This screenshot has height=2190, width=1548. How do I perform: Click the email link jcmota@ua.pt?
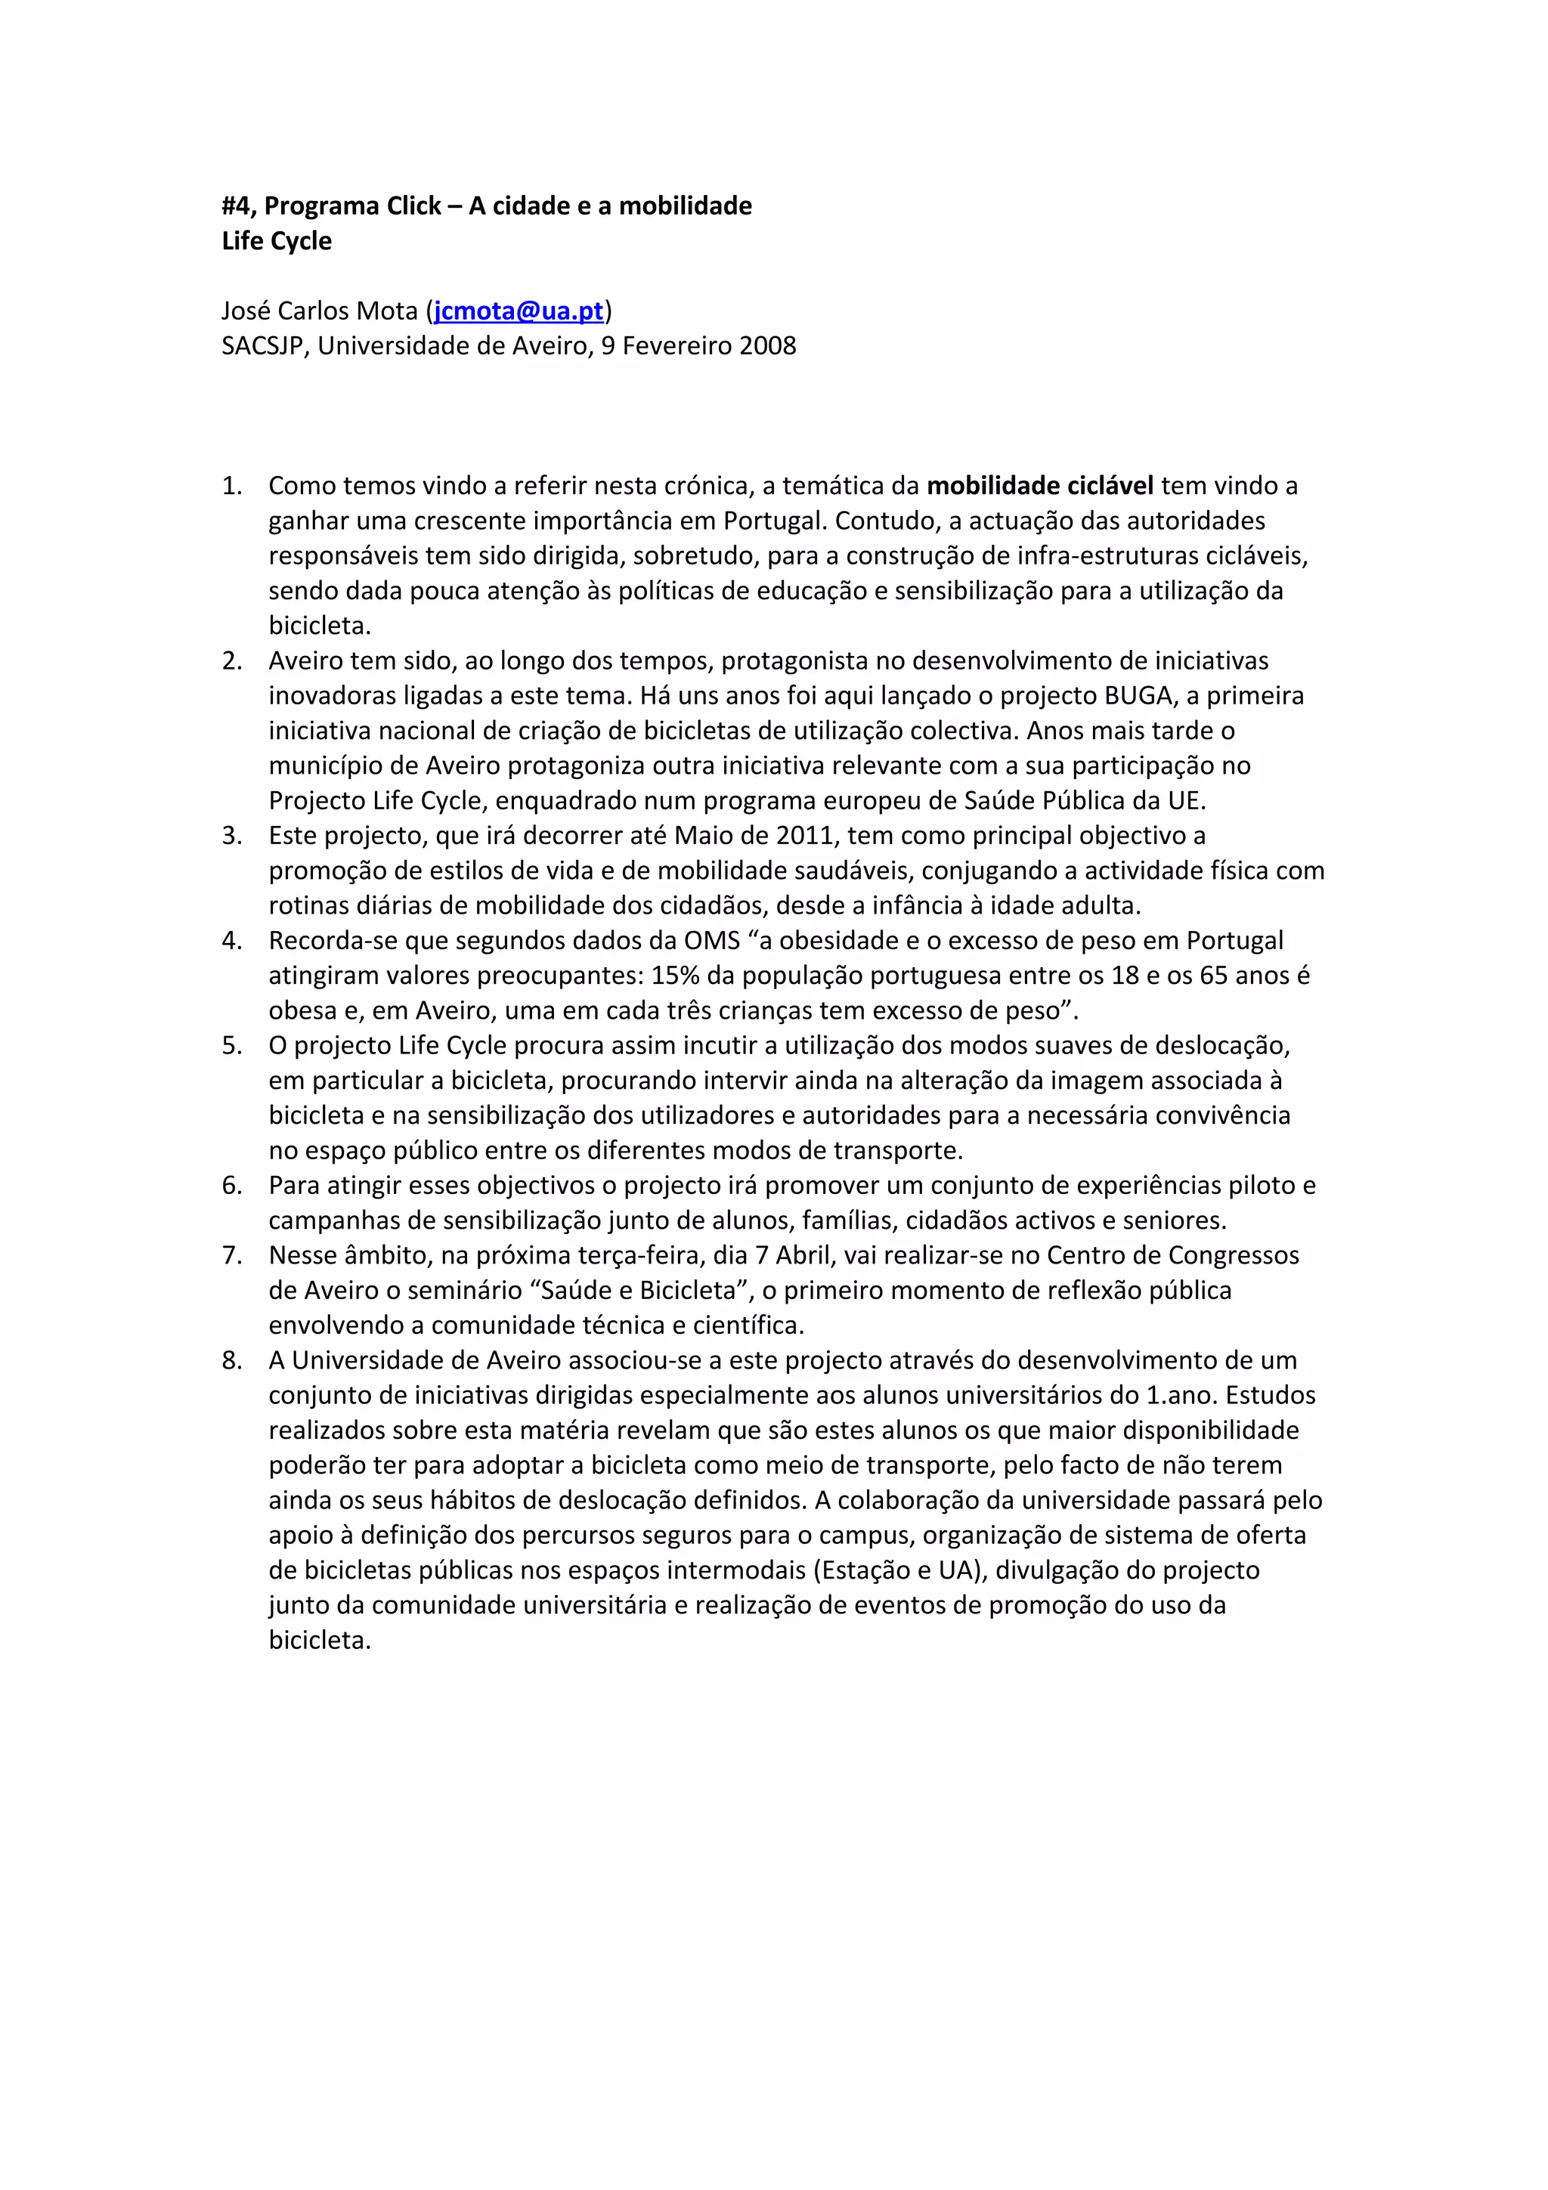(x=519, y=311)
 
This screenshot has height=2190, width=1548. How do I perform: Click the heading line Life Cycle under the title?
(x=277, y=241)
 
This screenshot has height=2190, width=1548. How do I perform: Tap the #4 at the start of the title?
(x=238, y=206)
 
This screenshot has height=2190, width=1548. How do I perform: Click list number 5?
(x=232, y=1045)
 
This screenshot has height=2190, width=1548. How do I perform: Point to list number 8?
(x=232, y=1360)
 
